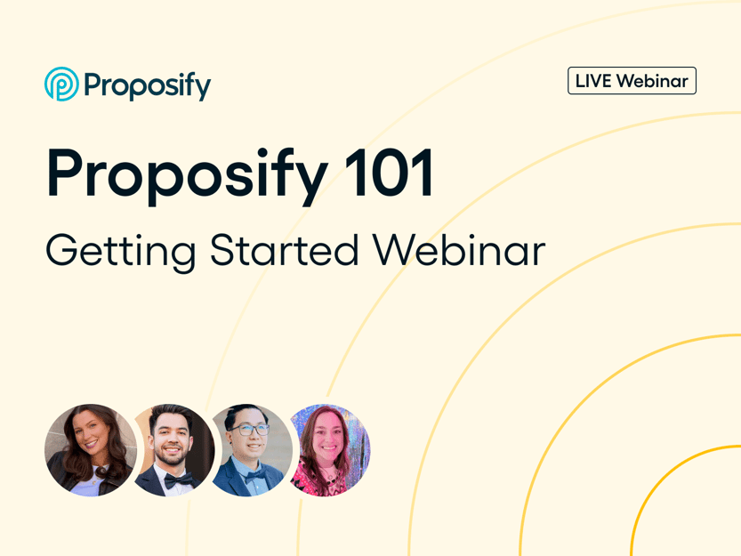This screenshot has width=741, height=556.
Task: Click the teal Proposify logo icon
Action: pos(60,84)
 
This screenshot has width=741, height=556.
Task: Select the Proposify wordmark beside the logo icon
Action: pos(147,85)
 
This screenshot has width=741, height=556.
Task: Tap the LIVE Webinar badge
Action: pos(632,81)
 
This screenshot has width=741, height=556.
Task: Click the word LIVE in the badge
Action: pos(593,81)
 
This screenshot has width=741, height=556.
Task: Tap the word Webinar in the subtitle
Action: pos(459,250)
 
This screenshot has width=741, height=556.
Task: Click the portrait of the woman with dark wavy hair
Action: pos(90,448)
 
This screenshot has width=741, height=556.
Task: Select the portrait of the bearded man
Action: pos(172,448)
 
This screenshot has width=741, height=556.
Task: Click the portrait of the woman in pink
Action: pos(329,448)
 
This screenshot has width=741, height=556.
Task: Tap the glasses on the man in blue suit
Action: pos(251,430)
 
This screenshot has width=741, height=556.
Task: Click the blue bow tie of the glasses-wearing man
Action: pos(254,476)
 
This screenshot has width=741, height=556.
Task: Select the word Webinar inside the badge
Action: pos(653,81)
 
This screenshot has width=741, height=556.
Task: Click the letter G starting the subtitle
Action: pos(64,251)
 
